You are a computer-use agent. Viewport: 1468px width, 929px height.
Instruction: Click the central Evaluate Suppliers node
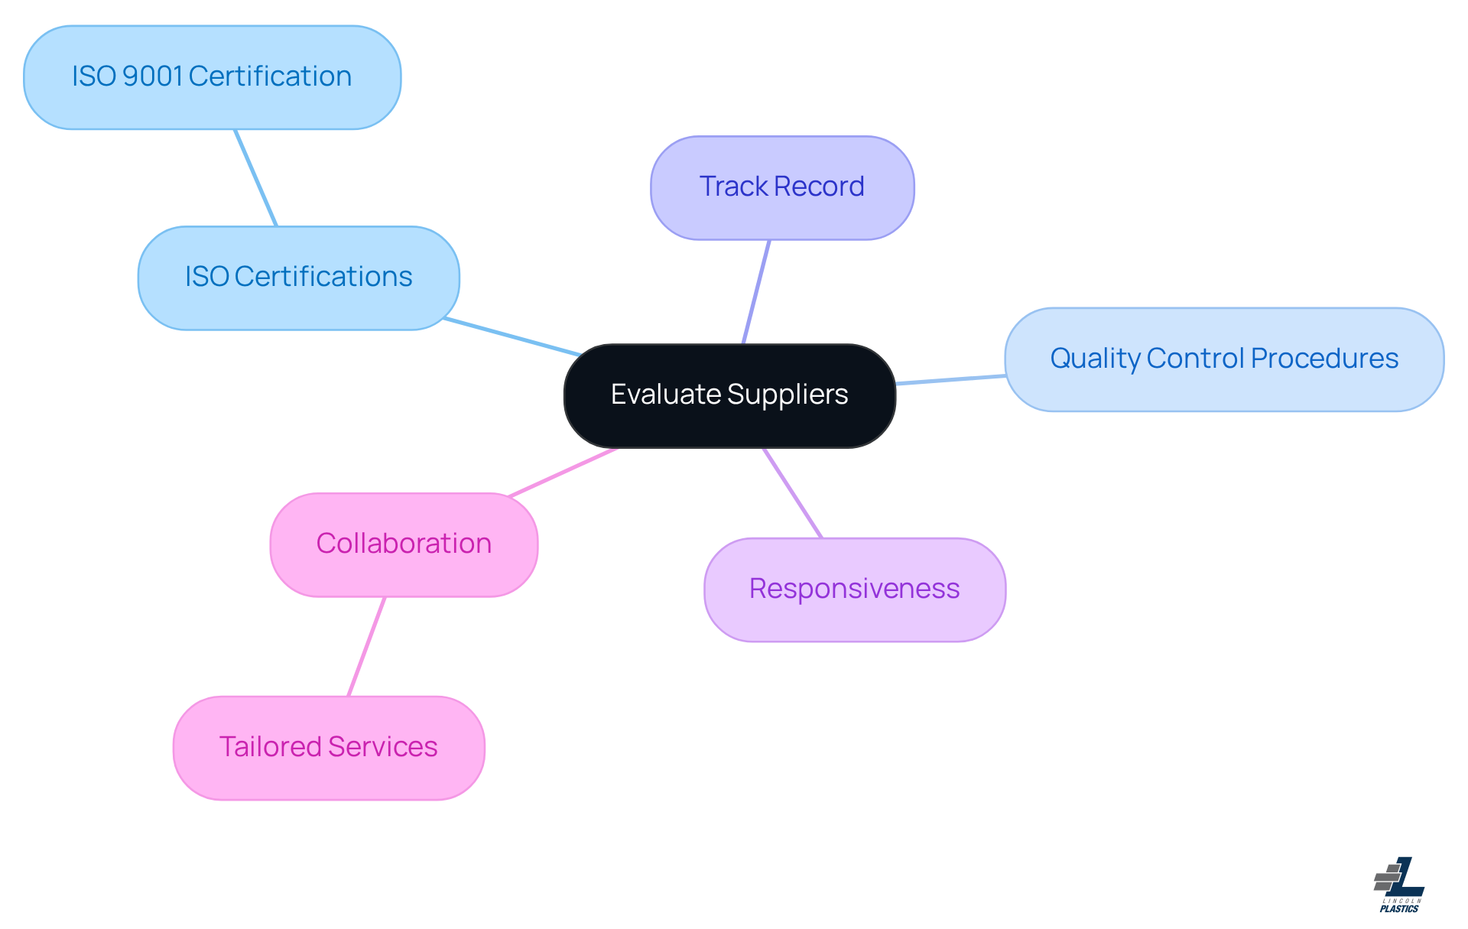729,395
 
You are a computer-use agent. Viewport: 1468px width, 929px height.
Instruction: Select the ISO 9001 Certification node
212,77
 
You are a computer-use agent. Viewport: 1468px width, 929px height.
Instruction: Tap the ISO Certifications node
298,278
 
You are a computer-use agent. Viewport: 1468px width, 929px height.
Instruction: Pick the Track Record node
781,187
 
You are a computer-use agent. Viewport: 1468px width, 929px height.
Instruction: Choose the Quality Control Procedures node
1223,359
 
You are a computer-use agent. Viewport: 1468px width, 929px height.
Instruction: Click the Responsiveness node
854,590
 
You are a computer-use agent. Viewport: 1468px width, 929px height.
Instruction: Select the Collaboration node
404,544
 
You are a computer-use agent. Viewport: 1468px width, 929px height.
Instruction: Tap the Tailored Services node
329,747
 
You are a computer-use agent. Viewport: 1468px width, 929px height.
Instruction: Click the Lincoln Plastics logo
1399,885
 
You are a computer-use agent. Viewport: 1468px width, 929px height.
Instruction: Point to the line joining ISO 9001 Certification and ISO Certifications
255,177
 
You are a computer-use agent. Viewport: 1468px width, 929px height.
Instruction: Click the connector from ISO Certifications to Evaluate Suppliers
512,336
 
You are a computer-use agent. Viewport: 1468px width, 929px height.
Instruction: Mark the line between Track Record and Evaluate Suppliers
756,292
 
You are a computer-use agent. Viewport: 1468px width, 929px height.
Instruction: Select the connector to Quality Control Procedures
950,379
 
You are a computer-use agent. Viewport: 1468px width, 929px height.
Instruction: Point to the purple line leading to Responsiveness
793,493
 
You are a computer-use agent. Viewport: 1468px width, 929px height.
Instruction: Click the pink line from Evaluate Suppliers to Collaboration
563,473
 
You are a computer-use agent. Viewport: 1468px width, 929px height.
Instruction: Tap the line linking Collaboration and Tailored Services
366,646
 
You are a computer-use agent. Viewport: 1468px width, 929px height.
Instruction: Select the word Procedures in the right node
1324,359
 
